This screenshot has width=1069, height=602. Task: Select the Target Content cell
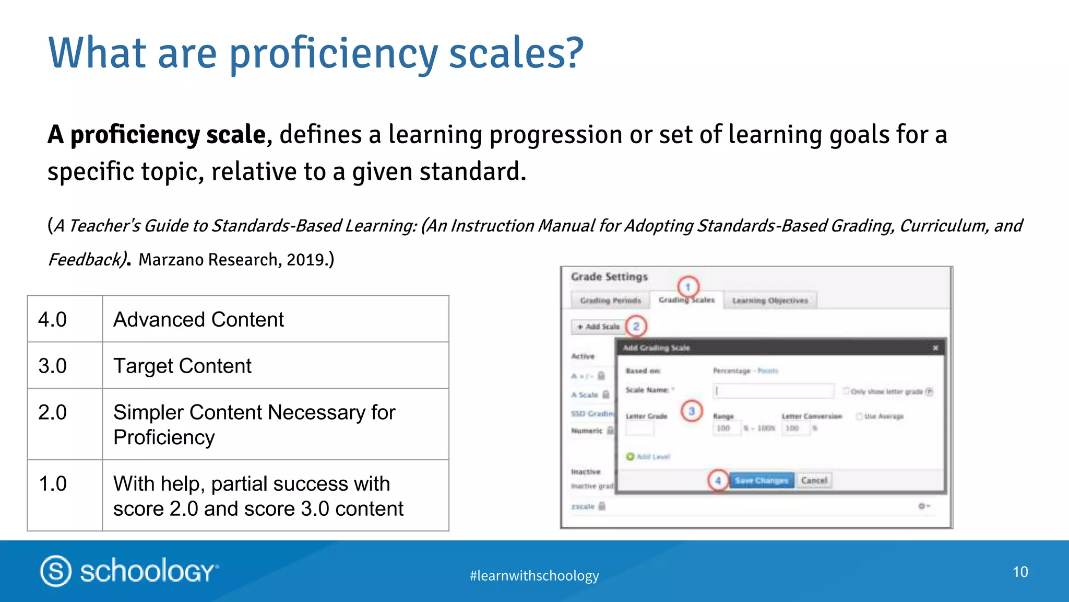pos(275,366)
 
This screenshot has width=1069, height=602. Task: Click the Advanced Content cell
pos(275,319)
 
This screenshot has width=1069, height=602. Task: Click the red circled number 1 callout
pos(688,286)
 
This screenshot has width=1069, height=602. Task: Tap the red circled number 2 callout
pos(636,327)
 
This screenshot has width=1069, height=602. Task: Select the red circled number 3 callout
pos(692,411)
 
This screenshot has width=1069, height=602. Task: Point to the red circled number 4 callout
pos(718,480)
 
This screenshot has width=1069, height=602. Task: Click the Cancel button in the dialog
pos(814,480)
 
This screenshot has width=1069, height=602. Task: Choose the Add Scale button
pos(598,327)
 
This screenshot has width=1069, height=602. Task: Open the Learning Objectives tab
pos(770,300)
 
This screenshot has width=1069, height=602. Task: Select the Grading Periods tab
pos(610,300)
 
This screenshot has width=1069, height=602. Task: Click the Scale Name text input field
pos(773,391)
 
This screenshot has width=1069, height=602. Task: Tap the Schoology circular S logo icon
pos(56,571)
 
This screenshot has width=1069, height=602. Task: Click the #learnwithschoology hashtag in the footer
pos(534,575)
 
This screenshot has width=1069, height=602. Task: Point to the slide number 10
pos(1020,572)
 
